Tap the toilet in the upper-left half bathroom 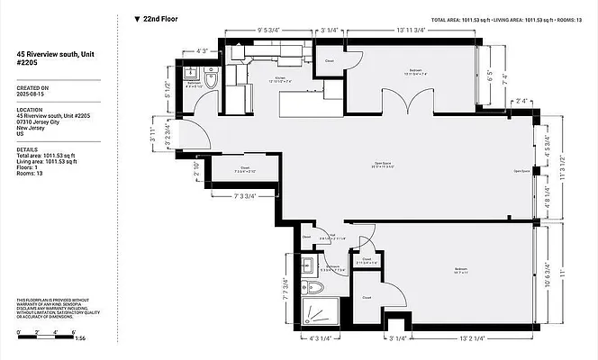(210, 81)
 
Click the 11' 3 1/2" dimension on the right (562, 174)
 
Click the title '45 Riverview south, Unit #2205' (53, 58)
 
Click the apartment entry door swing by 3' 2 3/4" (200, 138)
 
